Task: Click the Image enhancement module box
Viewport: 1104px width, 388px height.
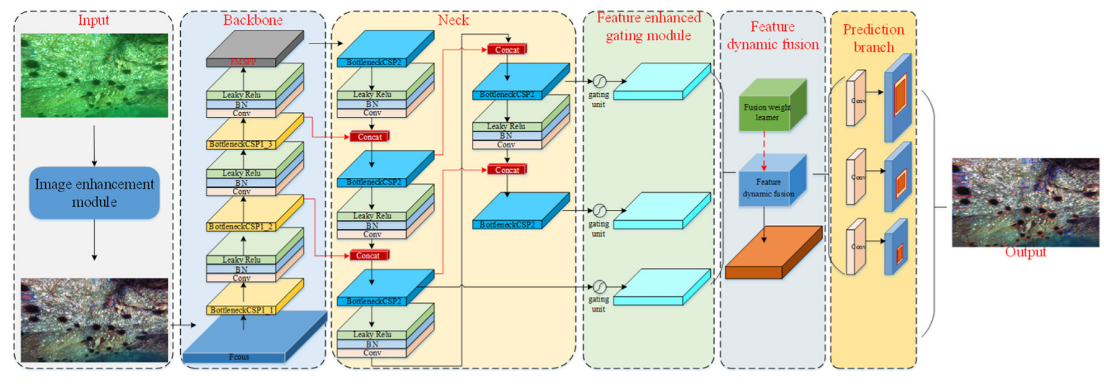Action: coord(94,193)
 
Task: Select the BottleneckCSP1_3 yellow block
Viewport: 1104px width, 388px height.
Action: coord(254,133)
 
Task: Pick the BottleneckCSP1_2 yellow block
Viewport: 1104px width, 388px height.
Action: coord(254,216)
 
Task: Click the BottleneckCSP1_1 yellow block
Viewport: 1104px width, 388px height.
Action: coord(254,299)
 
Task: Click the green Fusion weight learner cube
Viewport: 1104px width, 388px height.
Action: coord(771,107)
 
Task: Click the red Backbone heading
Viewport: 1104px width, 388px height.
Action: coord(253,20)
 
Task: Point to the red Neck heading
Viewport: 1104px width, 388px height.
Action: coord(453,20)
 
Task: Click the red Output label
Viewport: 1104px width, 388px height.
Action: coord(1025,252)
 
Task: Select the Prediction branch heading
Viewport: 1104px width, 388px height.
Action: coord(874,38)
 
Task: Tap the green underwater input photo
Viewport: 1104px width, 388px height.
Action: coord(94,76)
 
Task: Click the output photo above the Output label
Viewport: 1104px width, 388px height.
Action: coord(1025,202)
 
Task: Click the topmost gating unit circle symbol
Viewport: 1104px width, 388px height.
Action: coord(599,81)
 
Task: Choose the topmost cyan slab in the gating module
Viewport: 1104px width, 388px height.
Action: coord(661,82)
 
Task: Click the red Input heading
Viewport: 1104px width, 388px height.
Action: coord(93,20)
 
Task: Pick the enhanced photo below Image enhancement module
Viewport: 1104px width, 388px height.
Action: coord(94,320)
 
